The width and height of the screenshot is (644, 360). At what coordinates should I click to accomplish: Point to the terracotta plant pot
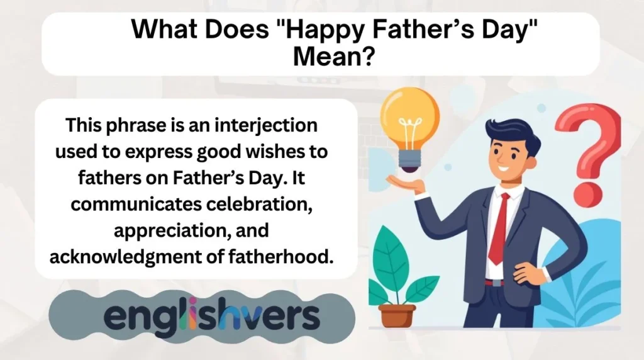click(397, 315)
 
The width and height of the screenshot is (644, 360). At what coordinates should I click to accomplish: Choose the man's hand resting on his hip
click(526, 272)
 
